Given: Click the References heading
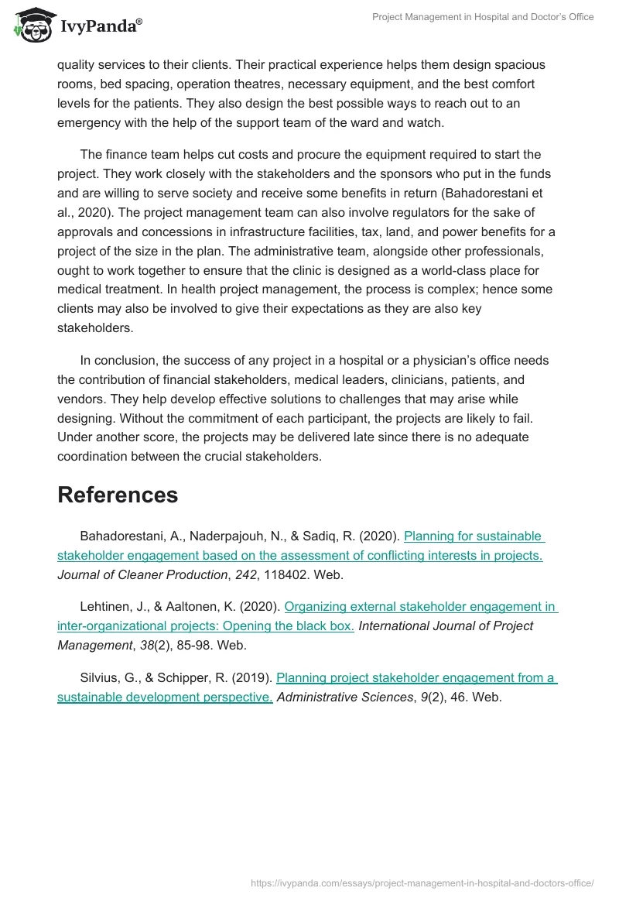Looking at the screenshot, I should (118, 495).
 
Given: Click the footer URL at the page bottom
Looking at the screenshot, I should (422, 883).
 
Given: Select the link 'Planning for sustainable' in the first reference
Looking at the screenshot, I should (474, 536).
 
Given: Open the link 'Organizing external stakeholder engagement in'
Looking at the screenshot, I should (421, 606).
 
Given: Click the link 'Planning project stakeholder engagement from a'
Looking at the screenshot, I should (416, 677).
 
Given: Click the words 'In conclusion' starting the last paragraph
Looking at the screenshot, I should (119, 360).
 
